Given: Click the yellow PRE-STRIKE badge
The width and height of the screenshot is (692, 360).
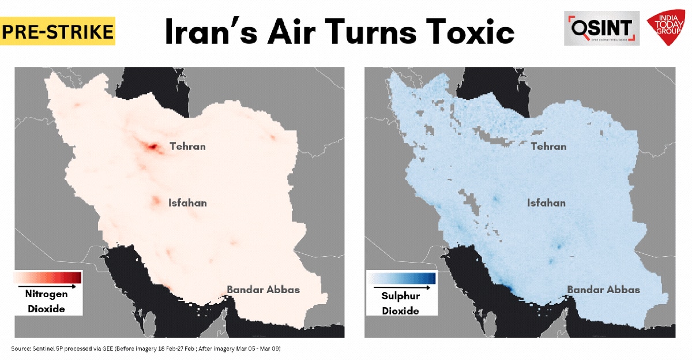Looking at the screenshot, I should [x=58, y=31].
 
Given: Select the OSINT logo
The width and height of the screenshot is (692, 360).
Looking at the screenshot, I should [x=601, y=28].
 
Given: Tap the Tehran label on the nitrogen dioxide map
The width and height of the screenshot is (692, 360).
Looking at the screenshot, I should [x=187, y=147].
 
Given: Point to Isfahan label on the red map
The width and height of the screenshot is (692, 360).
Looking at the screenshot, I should [x=187, y=203].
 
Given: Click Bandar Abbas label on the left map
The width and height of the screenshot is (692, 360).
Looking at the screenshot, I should [x=263, y=290].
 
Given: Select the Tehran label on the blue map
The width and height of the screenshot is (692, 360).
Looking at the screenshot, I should [x=548, y=147].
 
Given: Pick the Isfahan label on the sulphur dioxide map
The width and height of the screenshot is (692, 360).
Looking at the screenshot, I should [x=546, y=203].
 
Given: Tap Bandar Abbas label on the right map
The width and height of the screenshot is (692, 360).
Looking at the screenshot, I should [x=603, y=290].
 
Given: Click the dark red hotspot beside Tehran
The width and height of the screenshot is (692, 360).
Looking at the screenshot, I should [x=152, y=148].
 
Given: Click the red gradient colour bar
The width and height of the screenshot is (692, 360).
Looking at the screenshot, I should [x=48, y=277].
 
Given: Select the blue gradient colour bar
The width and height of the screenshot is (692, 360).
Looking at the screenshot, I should [x=402, y=279].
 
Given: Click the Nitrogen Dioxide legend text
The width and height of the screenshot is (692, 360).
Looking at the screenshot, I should [x=46, y=301].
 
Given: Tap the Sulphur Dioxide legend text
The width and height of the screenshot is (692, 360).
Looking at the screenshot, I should [x=400, y=303].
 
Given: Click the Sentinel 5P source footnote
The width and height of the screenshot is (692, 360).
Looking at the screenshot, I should [x=145, y=349].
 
